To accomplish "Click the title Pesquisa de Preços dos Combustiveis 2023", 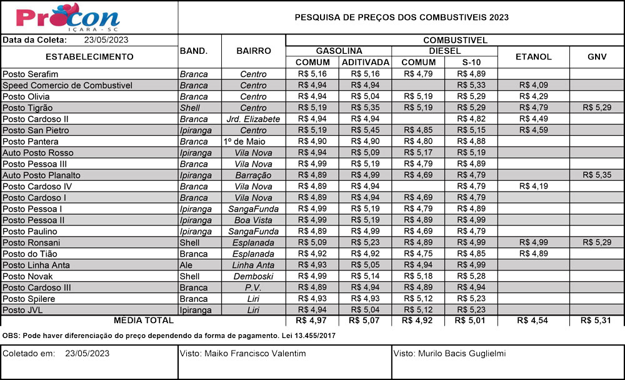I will point(401,18).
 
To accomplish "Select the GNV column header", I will point(596,56).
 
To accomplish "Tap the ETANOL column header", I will point(533,56).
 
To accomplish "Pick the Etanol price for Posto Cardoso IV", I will point(533,186).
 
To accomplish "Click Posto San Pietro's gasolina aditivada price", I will point(365,130).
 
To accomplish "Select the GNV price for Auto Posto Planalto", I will point(596,175).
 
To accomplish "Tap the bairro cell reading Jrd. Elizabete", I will point(253,119).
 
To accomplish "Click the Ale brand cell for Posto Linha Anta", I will point(186,265).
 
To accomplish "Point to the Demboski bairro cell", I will point(253,276).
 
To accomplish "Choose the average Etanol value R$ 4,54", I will point(533,321).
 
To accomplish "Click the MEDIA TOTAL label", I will point(143,321).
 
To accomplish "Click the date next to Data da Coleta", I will point(106,39).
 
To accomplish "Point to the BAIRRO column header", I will point(253,51).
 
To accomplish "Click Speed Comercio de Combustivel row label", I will point(67,85).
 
